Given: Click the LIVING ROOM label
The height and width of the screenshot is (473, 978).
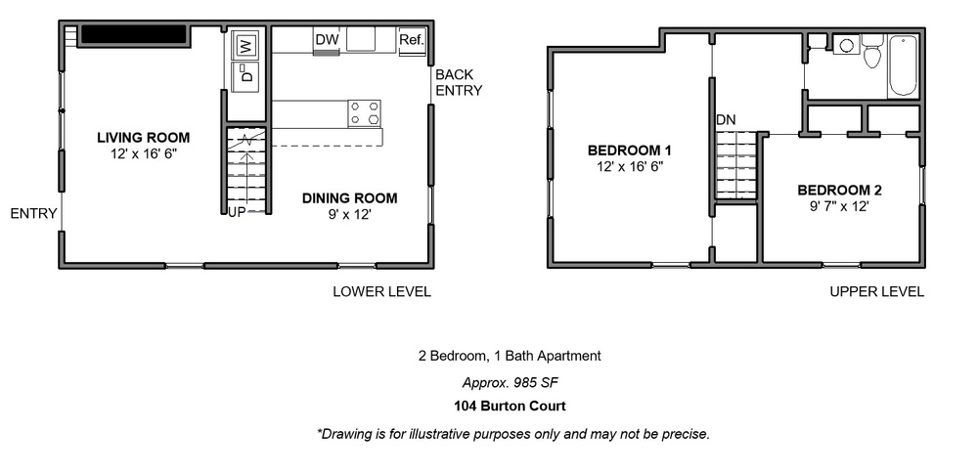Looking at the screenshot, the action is [x=144, y=138].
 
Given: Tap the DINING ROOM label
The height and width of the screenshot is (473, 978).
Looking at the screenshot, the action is [x=350, y=198].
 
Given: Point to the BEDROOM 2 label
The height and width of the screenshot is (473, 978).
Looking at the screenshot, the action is [x=839, y=190].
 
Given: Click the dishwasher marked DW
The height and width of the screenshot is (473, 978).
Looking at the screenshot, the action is [x=327, y=40].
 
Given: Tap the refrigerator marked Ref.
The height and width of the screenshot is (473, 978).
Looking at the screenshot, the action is [x=412, y=42].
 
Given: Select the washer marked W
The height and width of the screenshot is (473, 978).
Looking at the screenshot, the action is [x=244, y=45].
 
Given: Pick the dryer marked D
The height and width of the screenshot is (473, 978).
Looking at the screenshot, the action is [x=244, y=76].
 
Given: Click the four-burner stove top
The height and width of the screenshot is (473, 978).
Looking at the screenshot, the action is [x=365, y=113].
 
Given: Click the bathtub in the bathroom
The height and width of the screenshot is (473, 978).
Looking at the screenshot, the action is [x=903, y=66].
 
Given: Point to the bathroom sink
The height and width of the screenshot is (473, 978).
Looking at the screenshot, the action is [x=846, y=45].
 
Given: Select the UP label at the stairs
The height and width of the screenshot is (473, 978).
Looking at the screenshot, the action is [x=237, y=211].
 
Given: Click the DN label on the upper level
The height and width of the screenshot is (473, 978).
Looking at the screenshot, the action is [x=726, y=120].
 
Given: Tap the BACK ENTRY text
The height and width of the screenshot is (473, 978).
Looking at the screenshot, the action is [x=459, y=82].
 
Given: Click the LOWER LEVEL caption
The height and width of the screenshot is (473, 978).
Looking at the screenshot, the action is [x=381, y=291].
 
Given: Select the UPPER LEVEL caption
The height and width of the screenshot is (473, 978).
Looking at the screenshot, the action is [x=877, y=291].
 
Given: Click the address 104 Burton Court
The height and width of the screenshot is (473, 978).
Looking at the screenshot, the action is [x=510, y=407].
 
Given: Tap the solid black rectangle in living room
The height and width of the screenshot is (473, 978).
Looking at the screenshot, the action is [x=134, y=34].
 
